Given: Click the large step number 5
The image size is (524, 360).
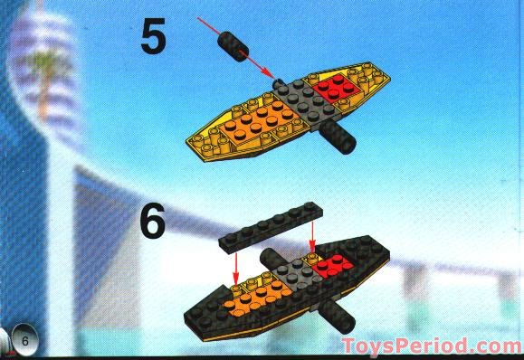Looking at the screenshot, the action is click(x=153, y=36).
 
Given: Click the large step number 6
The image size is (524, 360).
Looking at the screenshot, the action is click(x=153, y=221).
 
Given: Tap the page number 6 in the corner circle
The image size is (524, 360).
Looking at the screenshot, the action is click(x=25, y=341).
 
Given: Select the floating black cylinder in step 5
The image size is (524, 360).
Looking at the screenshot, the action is click(x=233, y=46).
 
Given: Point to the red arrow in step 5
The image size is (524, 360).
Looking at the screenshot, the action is click(x=235, y=49).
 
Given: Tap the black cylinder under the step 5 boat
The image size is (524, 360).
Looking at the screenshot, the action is click(x=338, y=137).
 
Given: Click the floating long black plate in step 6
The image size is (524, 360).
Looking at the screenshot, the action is click(x=271, y=227).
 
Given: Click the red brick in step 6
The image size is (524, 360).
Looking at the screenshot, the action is click(x=333, y=266).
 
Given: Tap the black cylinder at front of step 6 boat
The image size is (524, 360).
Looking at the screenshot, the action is click(x=337, y=316).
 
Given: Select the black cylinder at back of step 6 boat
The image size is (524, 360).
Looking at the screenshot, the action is click(x=272, y=258).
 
